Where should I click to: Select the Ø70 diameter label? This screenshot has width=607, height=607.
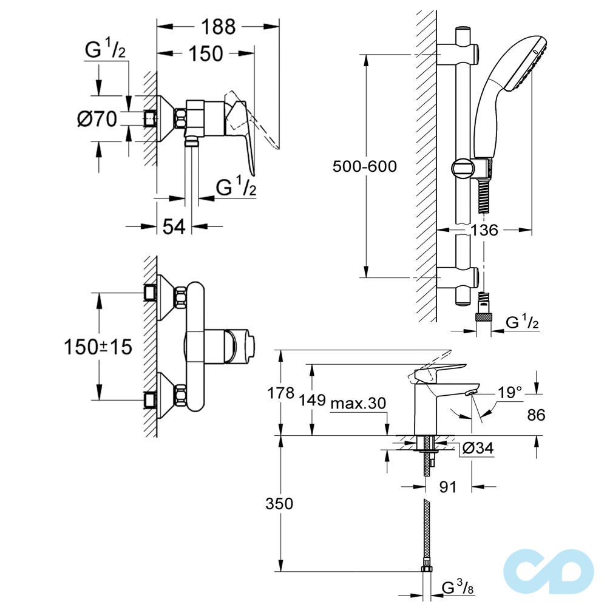(x=97, y=119)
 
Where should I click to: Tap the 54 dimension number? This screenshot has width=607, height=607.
(x=174, y=227)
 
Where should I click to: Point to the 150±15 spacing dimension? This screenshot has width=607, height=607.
(x=98, y=347)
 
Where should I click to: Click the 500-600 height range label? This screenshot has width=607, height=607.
(x=365, y=166)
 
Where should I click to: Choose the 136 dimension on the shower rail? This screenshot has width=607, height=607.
(x=484, y=230)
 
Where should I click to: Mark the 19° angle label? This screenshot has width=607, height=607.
(x=510, y=393)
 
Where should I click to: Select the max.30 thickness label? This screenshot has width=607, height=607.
(x=358, y=403)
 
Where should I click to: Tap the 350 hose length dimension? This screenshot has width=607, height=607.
(x=279, y=503)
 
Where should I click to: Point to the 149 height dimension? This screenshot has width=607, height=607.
(x=312, y=399)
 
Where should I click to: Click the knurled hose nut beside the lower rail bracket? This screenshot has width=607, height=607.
(x=484, y=316)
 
